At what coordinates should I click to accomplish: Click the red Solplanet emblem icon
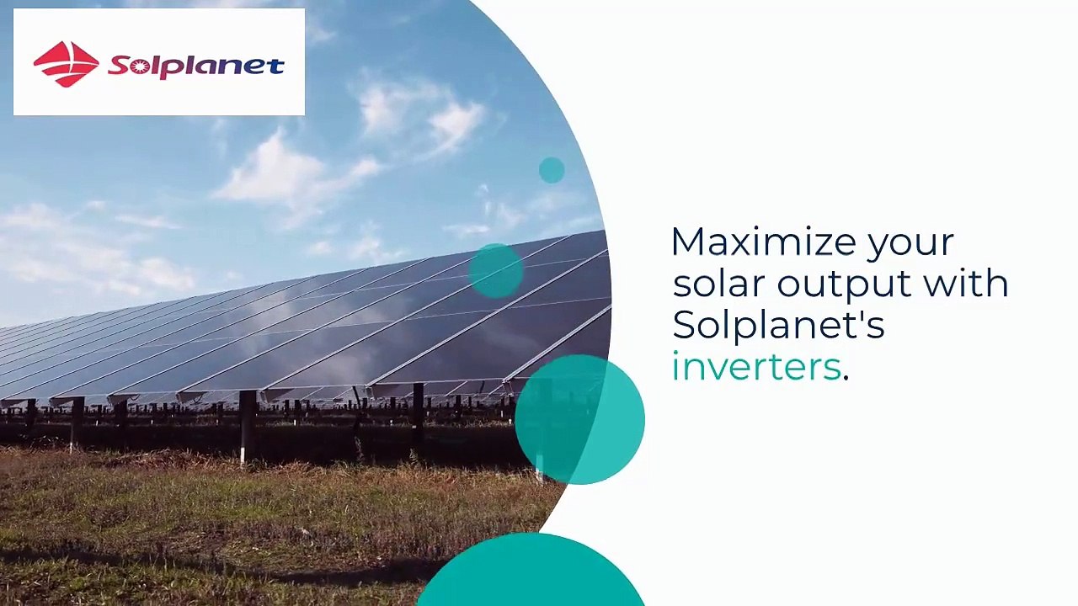[x=67, y=64]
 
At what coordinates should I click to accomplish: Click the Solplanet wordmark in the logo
[x=196, y=66]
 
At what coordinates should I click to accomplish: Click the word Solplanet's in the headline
[x=777, y=326]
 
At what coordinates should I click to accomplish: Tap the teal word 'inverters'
[x=755, y=367]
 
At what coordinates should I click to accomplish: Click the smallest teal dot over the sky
[x=552, y=170]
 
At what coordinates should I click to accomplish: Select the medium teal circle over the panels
[x=495, y=270]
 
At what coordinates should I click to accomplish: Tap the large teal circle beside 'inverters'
[x=579, y=419]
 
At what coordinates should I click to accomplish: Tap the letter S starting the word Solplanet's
[x=683, y=325]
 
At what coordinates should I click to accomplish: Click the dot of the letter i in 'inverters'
[x=675, y=353]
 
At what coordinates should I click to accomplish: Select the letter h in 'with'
[x=997, y=283]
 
